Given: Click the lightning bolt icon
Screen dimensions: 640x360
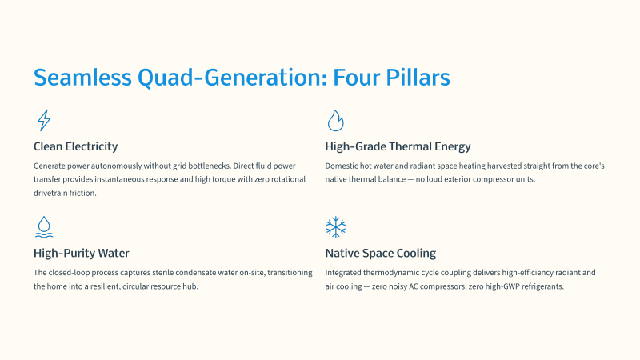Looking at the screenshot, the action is pos(43,121).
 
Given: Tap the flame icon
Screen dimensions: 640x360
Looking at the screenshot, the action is pos(335,121).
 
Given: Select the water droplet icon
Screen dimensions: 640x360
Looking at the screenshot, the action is pos(44,227).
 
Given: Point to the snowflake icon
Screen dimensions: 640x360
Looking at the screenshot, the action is pos(335,227).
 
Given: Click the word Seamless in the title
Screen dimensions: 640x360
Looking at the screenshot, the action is pos(82,77).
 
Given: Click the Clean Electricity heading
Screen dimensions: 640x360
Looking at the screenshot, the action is pos(75,146).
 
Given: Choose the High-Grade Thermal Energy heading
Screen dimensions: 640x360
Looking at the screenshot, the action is pos(398,146).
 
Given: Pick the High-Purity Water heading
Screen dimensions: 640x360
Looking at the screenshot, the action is pos(82,253).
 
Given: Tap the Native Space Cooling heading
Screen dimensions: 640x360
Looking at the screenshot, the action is pos(381,253).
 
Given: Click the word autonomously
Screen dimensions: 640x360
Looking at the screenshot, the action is pos(116,166).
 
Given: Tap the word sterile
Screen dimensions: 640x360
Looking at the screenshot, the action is pos(163,272).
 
